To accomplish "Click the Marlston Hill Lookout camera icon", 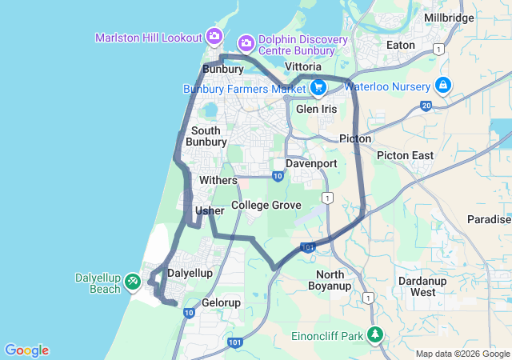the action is point(214,36).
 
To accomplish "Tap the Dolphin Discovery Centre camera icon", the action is point(246,41).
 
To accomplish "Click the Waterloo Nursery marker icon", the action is point(442,85).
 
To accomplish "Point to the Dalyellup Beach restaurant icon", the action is point(133,282).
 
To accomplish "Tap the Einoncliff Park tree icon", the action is point(375,334).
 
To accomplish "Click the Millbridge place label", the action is point(471,18).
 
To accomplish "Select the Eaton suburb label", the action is point(401,45).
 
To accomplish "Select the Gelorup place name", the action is point(222,303).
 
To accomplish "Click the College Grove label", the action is point(266,206).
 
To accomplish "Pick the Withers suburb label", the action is point(218,181).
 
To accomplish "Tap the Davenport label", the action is point(311,163).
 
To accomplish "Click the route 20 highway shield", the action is point(425,105).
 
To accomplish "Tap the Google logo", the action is point(26,350).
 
